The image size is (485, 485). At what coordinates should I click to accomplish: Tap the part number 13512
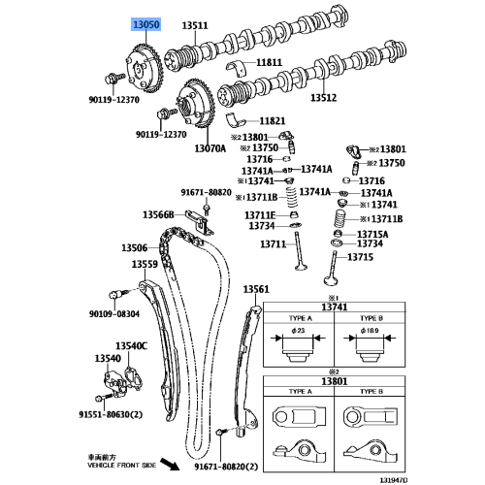[x=324, y=97]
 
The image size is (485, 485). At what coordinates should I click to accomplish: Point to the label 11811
[x=270, y=62]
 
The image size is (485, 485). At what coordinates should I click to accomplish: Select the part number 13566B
[x=158, y=214]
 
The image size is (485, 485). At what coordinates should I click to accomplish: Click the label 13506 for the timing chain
[x=134, y=248]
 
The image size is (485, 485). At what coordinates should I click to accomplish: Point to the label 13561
[x=256, y=288]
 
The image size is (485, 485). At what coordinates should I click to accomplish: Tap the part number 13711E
[x=260, y=214]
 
